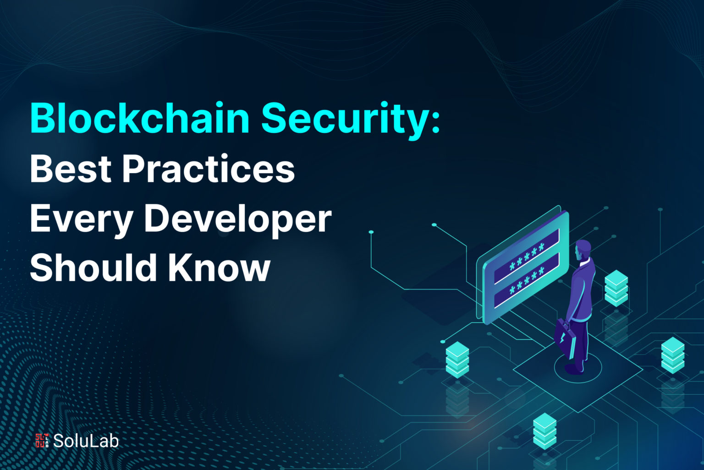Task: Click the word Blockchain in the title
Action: tap(140, 118)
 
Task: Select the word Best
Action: tap(71, 169)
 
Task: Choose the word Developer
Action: tap(238, 220)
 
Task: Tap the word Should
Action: tap(93, 268)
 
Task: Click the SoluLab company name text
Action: tap(86, 441)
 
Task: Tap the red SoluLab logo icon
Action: tap(42, 441)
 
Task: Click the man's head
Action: tap(583, 250)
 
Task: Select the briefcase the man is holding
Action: tap(565, 338)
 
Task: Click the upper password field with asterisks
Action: tap(527, 256)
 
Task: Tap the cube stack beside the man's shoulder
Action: tap(616, 288)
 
